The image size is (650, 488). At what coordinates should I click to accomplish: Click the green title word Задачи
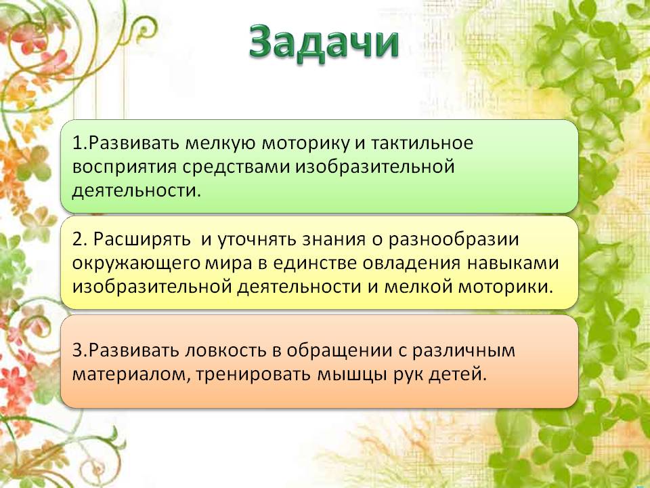[x=324, y=43]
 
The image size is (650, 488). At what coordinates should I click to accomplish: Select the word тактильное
[x=422, y=143]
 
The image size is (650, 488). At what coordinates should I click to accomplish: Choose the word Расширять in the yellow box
[x=142, y=240]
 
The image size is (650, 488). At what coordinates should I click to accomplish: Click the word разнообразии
[x=454, y=240]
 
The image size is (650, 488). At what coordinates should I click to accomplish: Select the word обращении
[x=339, y=351]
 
